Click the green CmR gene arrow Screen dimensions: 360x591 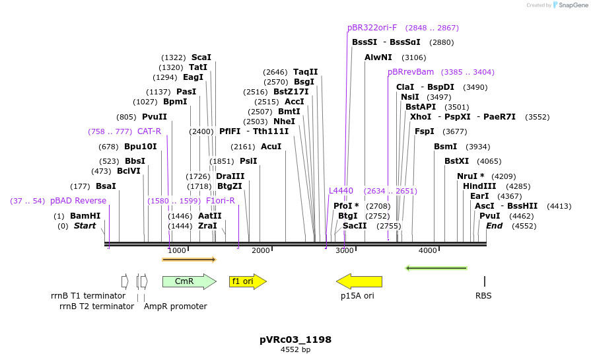point(188,281)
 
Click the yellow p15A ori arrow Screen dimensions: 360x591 point(359,281)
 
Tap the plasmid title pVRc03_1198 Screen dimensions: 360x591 point(295,340)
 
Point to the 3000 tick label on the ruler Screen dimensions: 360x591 point(345,250)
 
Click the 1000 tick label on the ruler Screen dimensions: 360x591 point(176,250)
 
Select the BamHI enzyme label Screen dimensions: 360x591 point(85,216)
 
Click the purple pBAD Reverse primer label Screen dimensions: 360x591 point(78,201)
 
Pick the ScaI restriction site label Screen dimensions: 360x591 point(201,57)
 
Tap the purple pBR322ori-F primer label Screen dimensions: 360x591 point(372,28)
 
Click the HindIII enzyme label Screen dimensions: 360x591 point(479,186)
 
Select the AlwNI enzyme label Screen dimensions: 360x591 point(378,57)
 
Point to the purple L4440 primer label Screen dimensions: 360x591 point(341,191)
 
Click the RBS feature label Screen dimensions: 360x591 point(483,296)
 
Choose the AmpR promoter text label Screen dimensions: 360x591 point(175,306)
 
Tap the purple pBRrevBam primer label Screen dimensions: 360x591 point(411,72)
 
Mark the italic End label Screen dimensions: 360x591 point(494,226)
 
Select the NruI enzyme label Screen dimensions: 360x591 point(470,176)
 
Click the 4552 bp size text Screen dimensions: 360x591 point(295,349)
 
